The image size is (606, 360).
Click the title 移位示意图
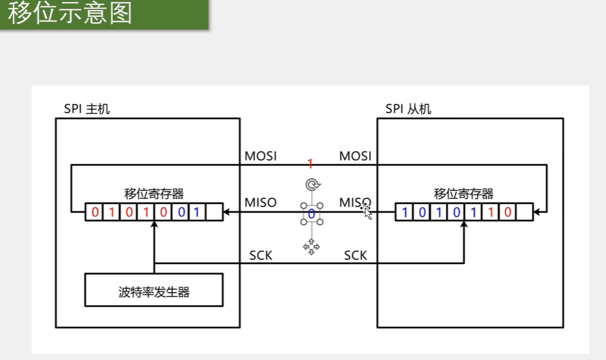pos(70,13)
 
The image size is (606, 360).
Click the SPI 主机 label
pos(87,109)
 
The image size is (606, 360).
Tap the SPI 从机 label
pos(408,109)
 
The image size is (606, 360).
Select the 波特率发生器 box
pos(153,291)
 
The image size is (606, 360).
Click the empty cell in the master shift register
pos(214,212)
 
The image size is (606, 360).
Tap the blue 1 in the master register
pos(196,212)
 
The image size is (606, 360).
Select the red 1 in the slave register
pos(491,212)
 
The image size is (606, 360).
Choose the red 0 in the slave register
pos(507,212)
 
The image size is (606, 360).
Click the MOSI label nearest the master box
pos(261,155)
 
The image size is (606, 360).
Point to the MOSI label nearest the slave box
pos(355,155)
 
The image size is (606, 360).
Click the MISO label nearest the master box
pos(260,203)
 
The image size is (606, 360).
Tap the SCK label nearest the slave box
pos(355,255)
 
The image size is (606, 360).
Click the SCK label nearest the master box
pos(261,255)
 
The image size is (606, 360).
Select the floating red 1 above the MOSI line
pos(310,163)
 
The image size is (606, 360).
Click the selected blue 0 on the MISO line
pos(311,214)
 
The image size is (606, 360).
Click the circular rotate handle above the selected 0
pos(311,184)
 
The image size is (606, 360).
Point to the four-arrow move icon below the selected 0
pos(311,247)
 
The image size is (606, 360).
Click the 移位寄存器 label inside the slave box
pos(463,193)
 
